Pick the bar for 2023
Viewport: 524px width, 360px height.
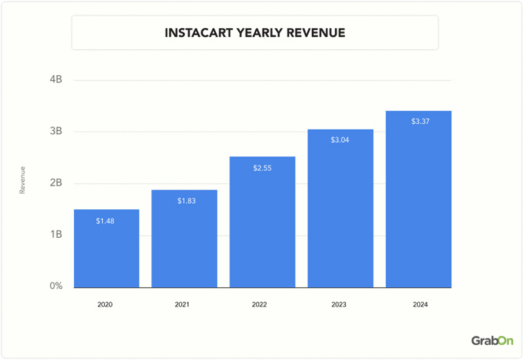pyautogui.click(x=340, y=209)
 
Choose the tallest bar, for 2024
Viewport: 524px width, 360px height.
pyautogui.click(x=419, y=200)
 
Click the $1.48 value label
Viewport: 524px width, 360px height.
pyautogui.click(x=106, y=221)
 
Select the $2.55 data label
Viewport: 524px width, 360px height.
pyautogui.click(x=263, y=168)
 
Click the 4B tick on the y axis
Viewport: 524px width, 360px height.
pyautogui.click(x=55, y=80)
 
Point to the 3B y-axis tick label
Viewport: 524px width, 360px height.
pyautogui.click(x=55, y=132)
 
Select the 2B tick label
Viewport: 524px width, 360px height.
pyautogui.click(x=55, y=183)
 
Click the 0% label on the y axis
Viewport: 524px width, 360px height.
pyautogui.click(x=55, y=286)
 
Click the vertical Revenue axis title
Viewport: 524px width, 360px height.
pyautogui.click(x=22, y=181)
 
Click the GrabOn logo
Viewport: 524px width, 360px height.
pyautogui.click(x=492, y=340)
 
